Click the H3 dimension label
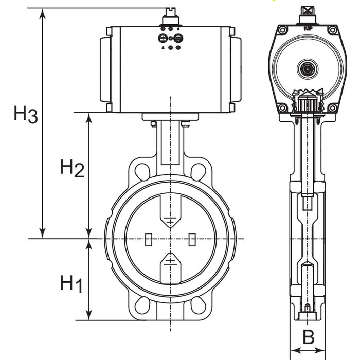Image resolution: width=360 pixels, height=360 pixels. tap(25, 114)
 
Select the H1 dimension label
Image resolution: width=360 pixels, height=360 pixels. tap(71, 283)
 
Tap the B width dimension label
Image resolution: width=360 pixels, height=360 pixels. tap(308, 338)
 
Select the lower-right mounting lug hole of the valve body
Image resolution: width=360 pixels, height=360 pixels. tap(199, 305)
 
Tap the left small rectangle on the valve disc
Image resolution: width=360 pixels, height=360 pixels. tap(148, 240)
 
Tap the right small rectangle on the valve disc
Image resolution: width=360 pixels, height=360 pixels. tap(192, 240)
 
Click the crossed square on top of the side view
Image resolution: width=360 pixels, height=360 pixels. tap(308, 9)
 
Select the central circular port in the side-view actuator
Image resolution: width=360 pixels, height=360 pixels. tap(308, 67)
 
